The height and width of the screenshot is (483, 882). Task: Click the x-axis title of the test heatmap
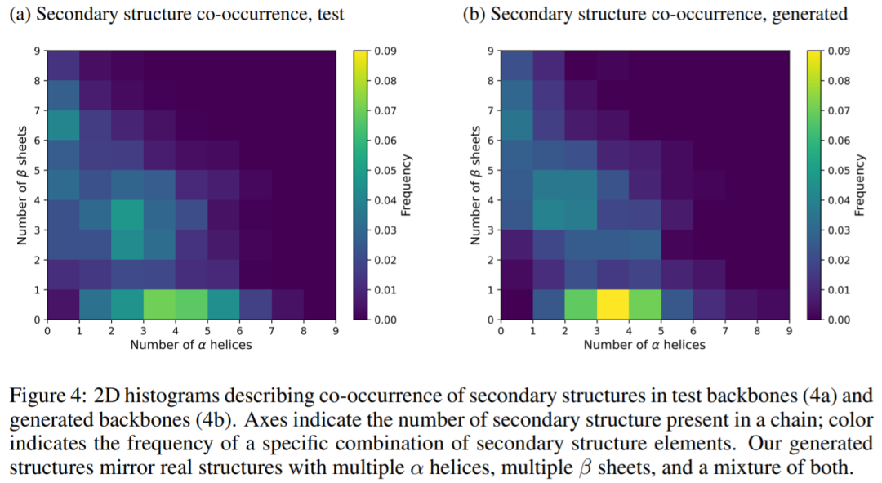click(191, 345)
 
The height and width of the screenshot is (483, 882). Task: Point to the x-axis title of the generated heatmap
click(644, 345)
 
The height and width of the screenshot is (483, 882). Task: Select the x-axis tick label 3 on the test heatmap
click(144, 330)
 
